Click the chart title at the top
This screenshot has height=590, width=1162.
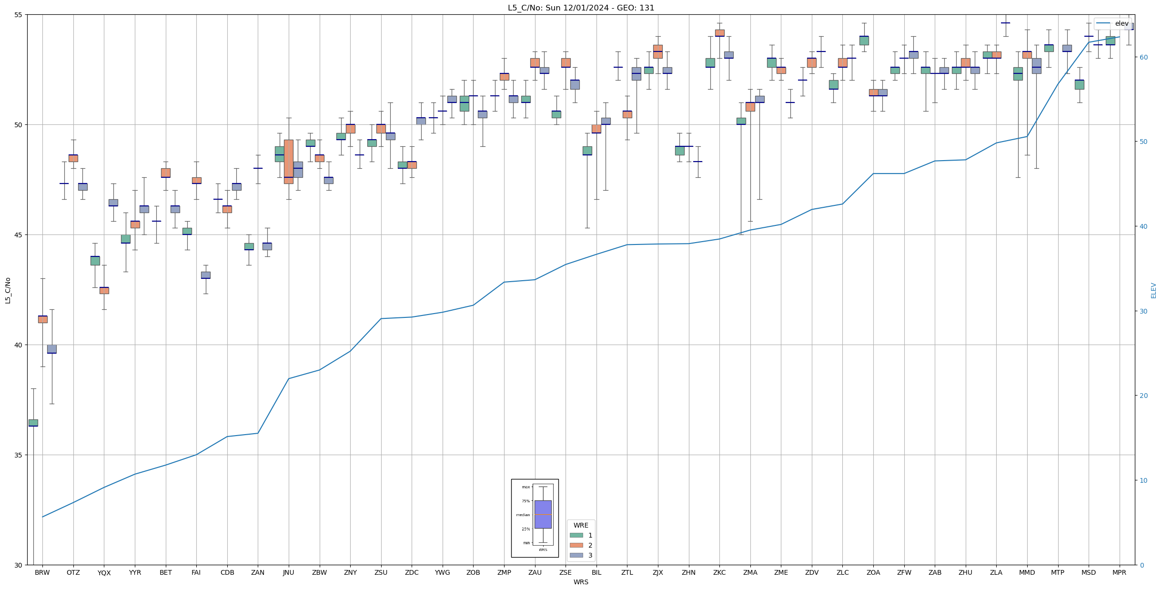click(x=581, y=8)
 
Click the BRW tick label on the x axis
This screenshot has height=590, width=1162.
click(x=42, y=572)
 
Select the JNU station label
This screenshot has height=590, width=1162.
click(x=288, y=572)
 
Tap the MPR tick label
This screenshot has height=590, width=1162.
click(x=1119, y=572)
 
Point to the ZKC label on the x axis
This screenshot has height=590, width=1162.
click(x=719, y=572)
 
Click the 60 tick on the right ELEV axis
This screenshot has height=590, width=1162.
click(x=1143, y=57)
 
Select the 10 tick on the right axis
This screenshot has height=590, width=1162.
click(x=1143, y=480)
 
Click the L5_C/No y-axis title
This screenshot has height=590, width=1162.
click(x=8, y=290)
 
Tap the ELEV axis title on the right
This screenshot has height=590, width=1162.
click(x=1153, y=290)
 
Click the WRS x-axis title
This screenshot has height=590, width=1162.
click(x=581, y=582)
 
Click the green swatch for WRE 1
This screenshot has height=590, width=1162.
click(x=576, y=535)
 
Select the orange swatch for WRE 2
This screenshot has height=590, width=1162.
click(x=576, y=545)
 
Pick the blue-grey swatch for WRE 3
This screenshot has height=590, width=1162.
click(x=576, y=555)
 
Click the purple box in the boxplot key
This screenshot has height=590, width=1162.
click(x=543, y=514)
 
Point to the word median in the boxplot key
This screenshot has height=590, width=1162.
click(x=523, y=515)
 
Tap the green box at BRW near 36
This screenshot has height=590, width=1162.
click(x=33, y=423)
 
